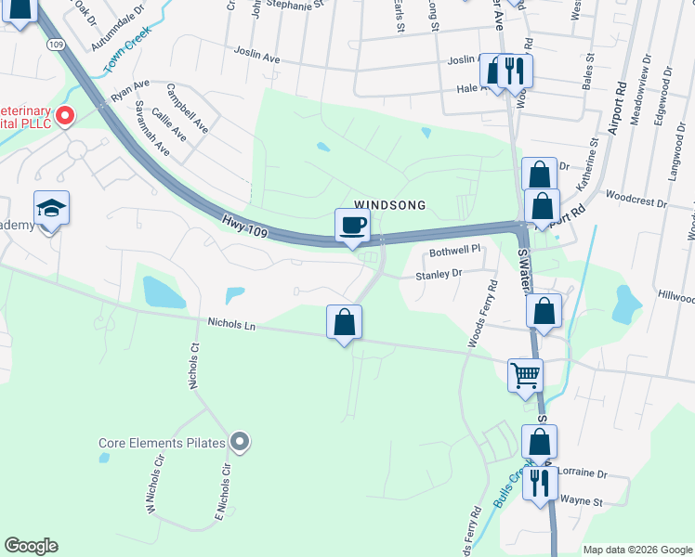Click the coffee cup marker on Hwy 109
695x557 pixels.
[x=352, y=225]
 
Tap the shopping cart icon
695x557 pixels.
[x=525, y=375]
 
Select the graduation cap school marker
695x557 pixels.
[x=51, y=208]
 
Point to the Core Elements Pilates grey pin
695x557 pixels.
[x=241, y=442]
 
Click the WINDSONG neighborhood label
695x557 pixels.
[x=389, y=205]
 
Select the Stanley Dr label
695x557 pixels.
[x=439, y=274]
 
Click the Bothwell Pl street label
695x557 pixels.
[x=454, y=251]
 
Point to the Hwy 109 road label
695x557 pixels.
[x=245, y=227]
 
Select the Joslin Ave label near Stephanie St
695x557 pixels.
[x=256, y=56]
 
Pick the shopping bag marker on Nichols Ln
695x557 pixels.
[x=344, y=322]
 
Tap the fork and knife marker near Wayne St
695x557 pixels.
[x=539, y=483]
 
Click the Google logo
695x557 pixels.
[x=31, y=546]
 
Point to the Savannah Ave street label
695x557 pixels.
[x=151, y=128]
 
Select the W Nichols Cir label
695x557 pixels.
[x=154, y=479]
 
